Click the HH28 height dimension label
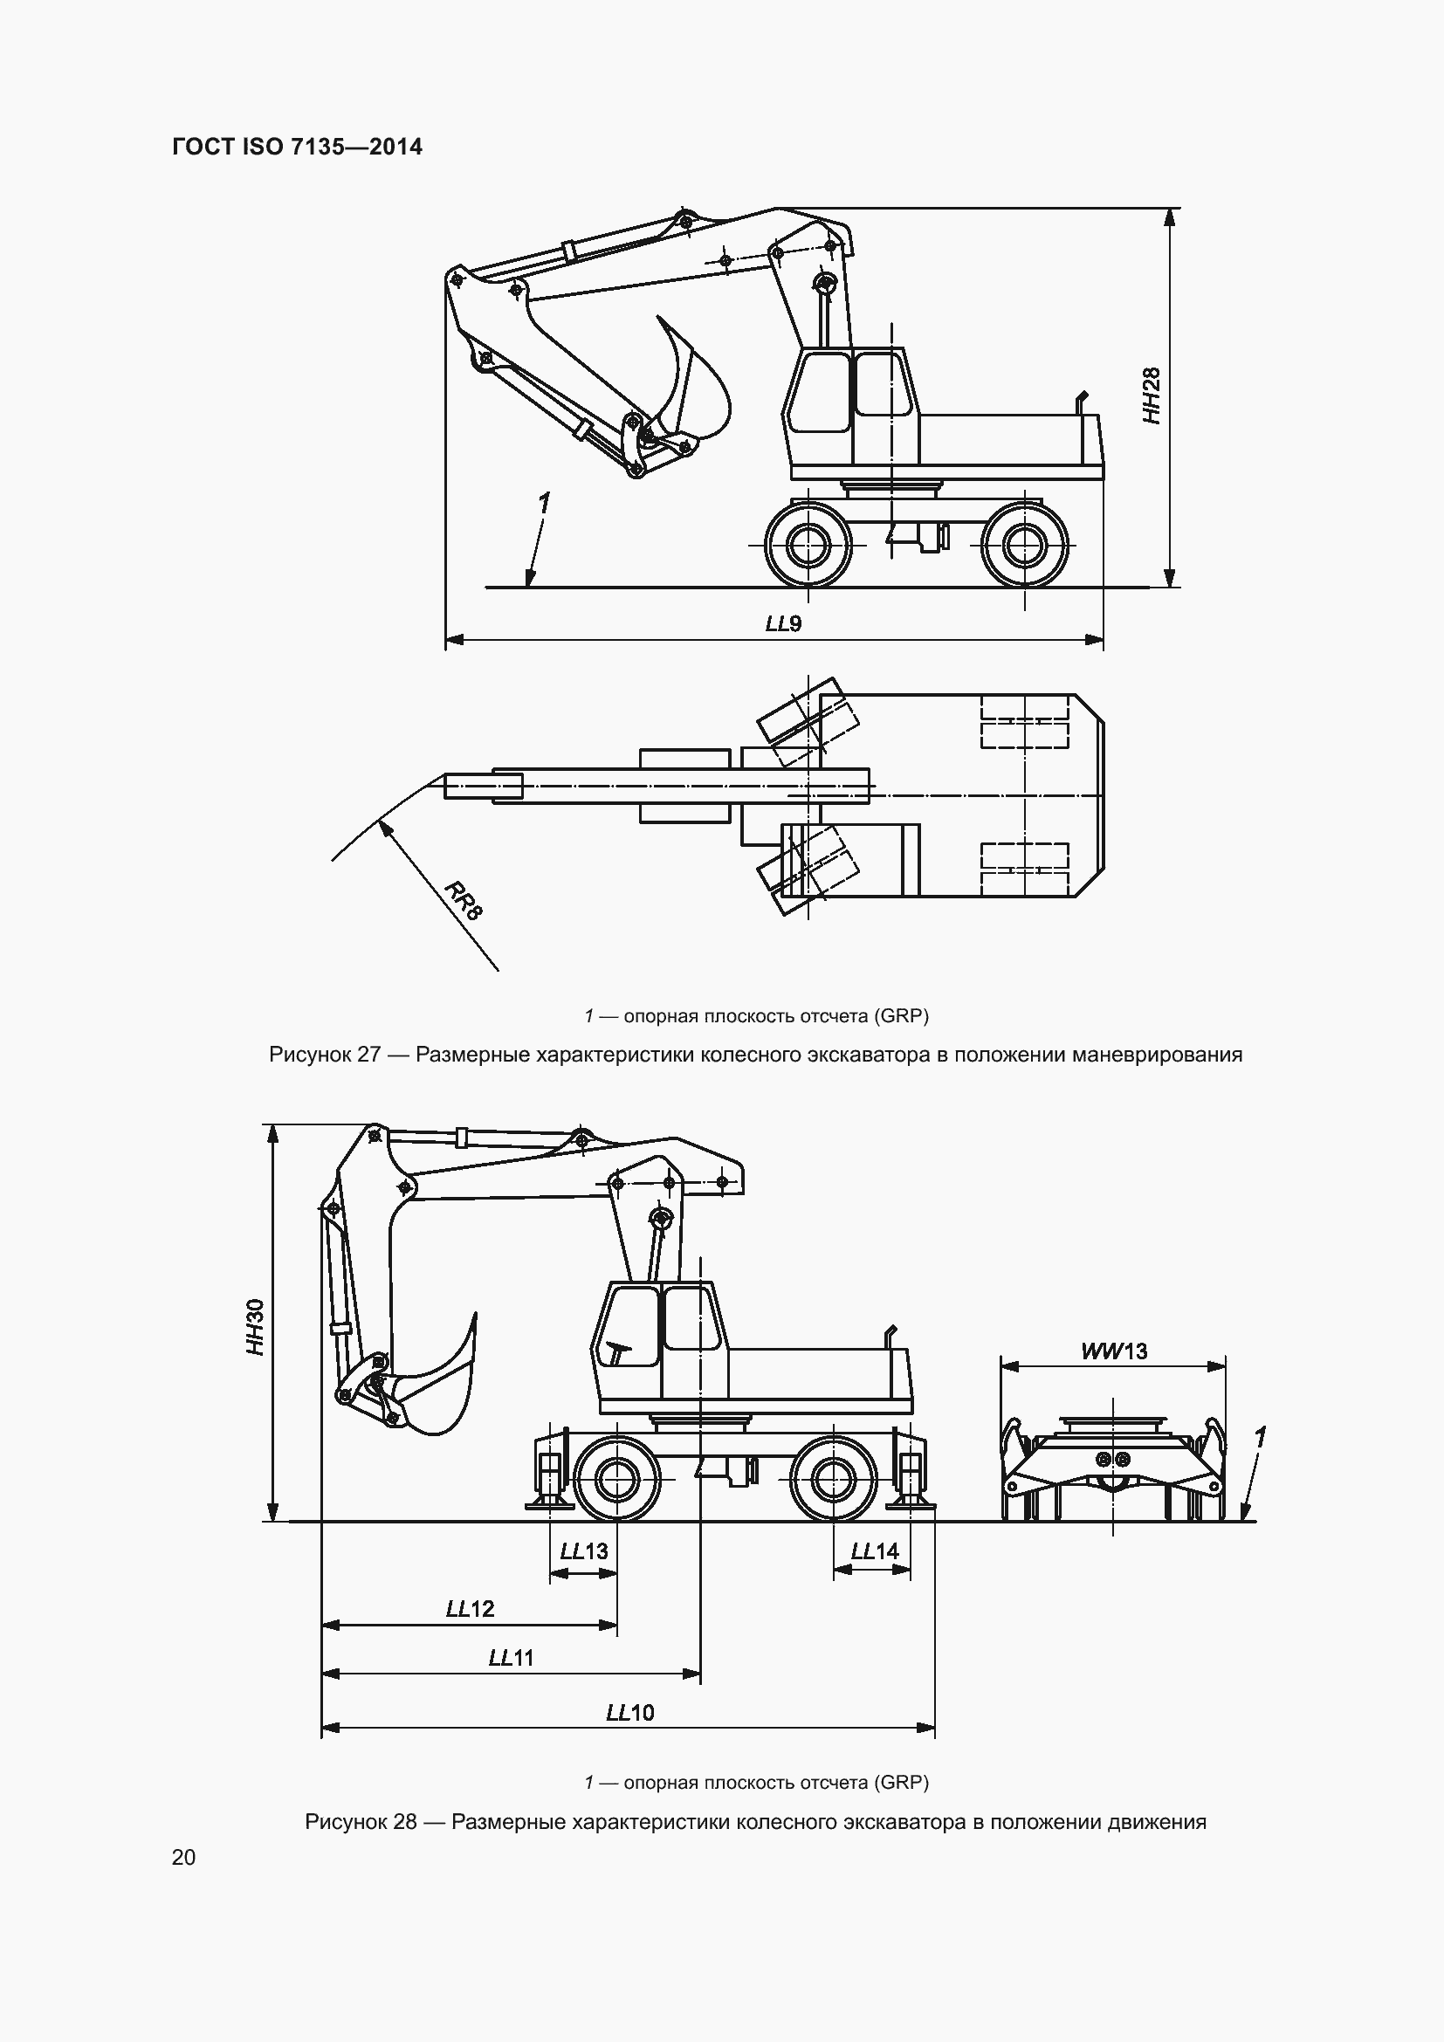pyautogui.click(x=1152, y=395)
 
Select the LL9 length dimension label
pyautogui.click(x=783, y=623)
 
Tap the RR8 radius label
pyautogui.click(x=464, y=900)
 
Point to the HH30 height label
pyautogui.click(x=256, y=1328)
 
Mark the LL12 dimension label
pyautogui.click(x=470, y=1609)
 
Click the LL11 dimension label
pyautogui.click(x=512, y=1658)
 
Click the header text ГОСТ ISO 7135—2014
pyautogui.click(x=297, y=147)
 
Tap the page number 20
pyautogui.click(x=183, y=1857)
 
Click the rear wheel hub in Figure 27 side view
pyautogui.click(x=1025, y=543)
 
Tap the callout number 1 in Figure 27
pyautogui.click(x=543, y=504)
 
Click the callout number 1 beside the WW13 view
pyautogui.click(x=1259, y=1438)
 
